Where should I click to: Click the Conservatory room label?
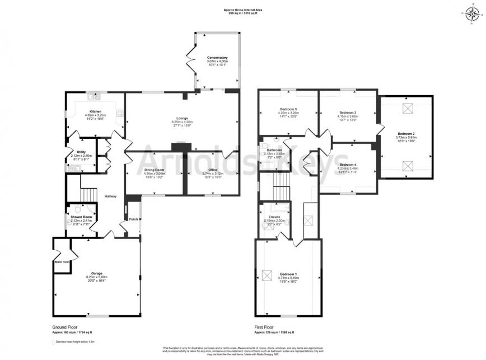click(x=217, y=58)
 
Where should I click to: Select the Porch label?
click(x=133, y=219)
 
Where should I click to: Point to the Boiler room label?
click(x=61, y=261)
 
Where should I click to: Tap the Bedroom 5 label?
click(x=287, y=109)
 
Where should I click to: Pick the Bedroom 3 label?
click(x=348, y=112)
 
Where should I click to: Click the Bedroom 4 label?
click(x=347, y=164)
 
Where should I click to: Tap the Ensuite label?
click(x=274, y=217)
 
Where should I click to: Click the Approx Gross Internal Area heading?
click(x=242, y=8)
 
